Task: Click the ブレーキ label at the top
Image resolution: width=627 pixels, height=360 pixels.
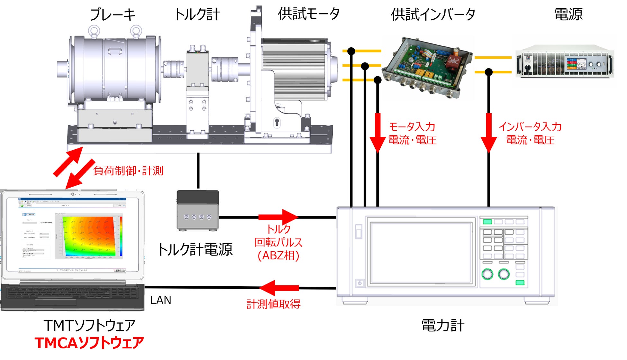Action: click(112, 15)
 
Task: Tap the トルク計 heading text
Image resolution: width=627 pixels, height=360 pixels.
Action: click(197, 15)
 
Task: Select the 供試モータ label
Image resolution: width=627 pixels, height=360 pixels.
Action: click(309, 14)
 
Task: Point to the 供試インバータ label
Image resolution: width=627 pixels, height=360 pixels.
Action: click(433, 15)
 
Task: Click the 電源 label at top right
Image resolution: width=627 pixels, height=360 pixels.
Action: click(568, 14)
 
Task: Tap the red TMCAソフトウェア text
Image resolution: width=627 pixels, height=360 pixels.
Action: click(89, 343)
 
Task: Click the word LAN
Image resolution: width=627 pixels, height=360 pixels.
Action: click(160, 300)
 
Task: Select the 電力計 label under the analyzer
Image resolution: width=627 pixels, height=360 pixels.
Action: click(443, 326)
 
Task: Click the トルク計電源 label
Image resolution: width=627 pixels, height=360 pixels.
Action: click(195, 250)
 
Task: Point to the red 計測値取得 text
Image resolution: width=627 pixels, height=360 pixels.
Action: click(273, 304)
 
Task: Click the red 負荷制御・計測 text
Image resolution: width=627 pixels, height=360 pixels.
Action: click(128, 171)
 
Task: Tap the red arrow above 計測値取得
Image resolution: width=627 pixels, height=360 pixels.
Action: click(279, 288)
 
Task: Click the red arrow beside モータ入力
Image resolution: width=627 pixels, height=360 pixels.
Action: click(377, 132)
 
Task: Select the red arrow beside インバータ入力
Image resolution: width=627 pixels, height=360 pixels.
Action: click(489, 132)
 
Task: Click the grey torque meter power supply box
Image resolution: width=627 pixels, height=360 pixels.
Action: click(198, 210)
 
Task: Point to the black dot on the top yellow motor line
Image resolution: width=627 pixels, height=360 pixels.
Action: click(351, 51)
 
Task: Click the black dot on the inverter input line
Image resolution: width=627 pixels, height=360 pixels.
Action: click(489, 72)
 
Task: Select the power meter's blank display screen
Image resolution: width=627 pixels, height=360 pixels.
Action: click(421, 252)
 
